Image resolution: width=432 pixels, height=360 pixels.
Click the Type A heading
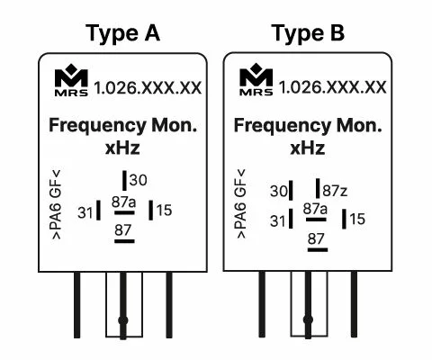(122, 33)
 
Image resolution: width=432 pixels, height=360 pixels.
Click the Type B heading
(308, 33)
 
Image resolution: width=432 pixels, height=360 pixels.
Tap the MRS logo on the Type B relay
(256, 79)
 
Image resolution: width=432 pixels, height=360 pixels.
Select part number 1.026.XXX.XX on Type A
(148, 88)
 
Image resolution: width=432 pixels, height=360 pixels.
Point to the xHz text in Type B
(308, 148)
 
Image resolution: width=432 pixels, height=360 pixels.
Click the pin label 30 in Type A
(139, 180)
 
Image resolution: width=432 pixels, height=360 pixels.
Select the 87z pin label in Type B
(335, 191)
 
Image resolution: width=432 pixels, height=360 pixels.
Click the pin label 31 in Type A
(85, 212)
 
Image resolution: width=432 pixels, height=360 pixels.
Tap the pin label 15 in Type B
(357, 219)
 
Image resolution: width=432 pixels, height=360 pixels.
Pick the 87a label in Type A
(123, 202)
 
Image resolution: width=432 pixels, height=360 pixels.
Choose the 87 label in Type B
(316, 238)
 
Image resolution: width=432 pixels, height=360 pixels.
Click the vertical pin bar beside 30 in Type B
(291, 191)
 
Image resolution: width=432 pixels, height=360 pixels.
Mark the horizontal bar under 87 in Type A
(124, 241)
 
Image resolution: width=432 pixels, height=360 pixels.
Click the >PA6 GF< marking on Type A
(57, 204)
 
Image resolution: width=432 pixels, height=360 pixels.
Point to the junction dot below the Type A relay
(123, 320)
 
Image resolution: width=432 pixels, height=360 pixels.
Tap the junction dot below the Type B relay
(308, 319)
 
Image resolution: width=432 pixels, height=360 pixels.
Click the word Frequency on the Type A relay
(97, 125)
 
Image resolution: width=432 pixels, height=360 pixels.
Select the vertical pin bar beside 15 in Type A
(151, 210)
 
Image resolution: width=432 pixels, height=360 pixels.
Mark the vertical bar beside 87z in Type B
(318, 188)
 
